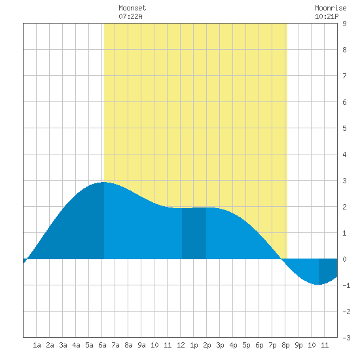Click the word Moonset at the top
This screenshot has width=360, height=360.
coord(132,8)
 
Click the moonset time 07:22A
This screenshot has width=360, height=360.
coord(130,16)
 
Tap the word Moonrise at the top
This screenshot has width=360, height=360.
coord(331,8)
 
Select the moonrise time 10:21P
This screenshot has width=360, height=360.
coord(327,16)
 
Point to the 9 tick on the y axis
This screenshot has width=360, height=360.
coord(344,24)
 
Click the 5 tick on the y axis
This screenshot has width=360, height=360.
coord(344,128)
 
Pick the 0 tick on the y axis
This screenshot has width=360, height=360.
coord(344,259)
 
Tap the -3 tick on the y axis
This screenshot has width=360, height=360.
coord(346,338)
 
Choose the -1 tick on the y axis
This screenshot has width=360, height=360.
coord(346,285)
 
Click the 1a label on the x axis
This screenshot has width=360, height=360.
coord(37,345)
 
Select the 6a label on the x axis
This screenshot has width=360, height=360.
coord(102,345)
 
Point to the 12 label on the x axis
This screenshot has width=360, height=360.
coord(181,345)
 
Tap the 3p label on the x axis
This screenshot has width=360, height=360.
coord(220,345)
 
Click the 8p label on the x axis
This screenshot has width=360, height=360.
coord(285,345)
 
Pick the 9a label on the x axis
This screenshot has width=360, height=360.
coord(141,345)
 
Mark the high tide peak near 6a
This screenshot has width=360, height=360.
coord(104,182)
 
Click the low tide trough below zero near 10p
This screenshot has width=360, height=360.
coord(317,285)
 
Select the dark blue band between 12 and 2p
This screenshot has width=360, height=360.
coord(194,233)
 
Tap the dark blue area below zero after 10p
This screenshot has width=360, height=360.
coord(328,270)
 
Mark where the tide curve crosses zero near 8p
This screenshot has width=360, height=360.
coord(281,259)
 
